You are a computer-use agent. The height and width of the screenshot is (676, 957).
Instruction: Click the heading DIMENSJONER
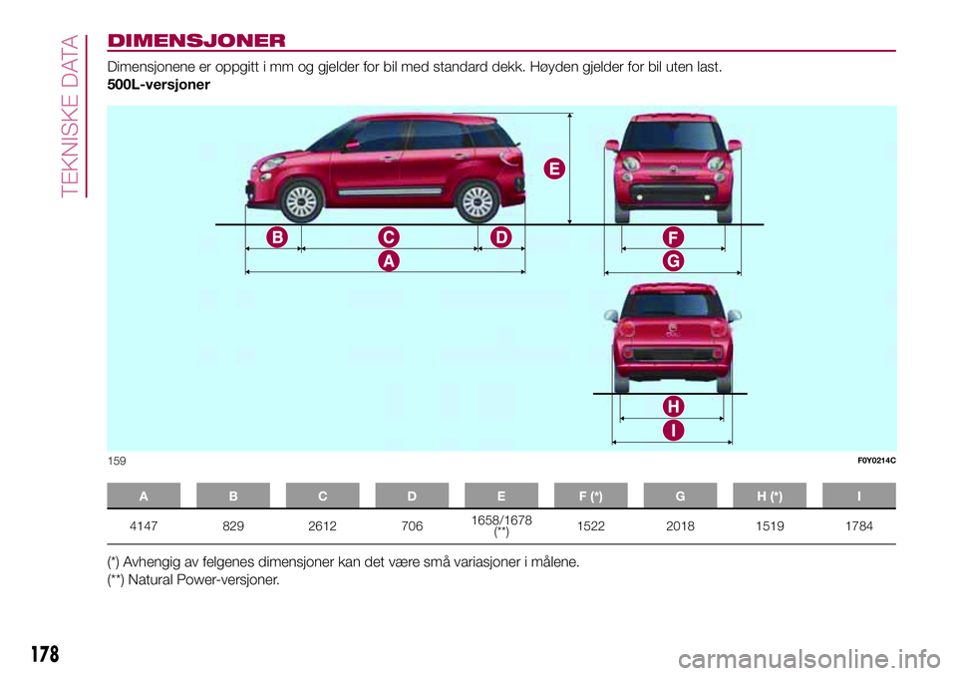pyautogui.click(x=197, y=41)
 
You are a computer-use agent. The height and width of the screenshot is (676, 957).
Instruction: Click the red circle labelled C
pyautogui.click(x=388, y=237)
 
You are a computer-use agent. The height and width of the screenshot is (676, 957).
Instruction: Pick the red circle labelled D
pyautogui.click(x=499, y=237)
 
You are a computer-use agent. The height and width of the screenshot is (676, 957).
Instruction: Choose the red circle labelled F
pyautogui.click(x=674, y=237)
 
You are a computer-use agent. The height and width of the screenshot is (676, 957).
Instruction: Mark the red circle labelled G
pyautogui.click(x=674, y=260)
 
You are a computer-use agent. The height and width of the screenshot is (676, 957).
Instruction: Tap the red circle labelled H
pyautogui.click(x=674, y=407)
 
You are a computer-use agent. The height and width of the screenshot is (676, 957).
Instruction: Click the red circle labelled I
pyautogui.click(x=674, y=430)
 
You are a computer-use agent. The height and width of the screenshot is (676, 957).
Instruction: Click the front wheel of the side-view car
pyautogui.click(x=300, y=202)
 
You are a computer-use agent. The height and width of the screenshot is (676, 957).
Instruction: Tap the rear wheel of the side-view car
pyautogui.click(x=476, y=202)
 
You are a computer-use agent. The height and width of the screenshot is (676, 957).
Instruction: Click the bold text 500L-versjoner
pyautogui.click(x=159, y=86)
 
